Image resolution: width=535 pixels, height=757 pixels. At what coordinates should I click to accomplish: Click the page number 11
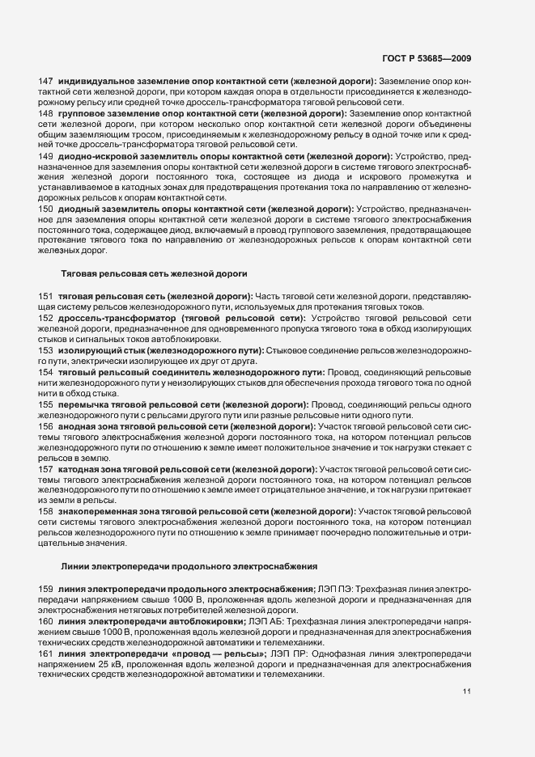[466, 691]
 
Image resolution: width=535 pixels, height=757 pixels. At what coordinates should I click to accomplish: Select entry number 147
[46, 82]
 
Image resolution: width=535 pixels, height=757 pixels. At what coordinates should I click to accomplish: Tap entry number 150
[46, 209]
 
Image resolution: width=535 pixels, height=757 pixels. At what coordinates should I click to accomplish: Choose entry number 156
[46, 425]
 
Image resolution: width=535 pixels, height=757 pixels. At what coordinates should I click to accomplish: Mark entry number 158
[46, 512]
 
